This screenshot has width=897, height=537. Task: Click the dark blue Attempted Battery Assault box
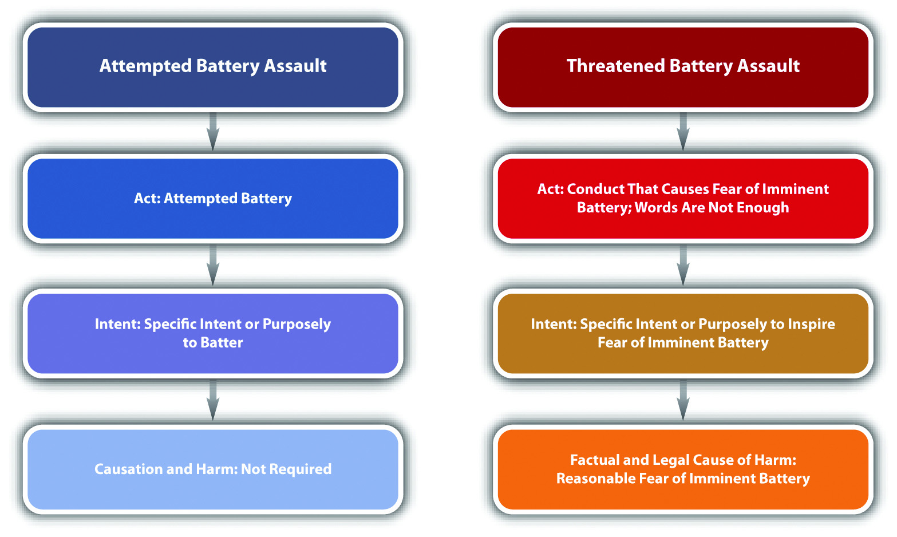213,67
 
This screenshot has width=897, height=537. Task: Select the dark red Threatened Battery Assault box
683,67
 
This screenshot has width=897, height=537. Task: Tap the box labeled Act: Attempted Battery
213,198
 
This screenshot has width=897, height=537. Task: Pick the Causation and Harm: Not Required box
213,469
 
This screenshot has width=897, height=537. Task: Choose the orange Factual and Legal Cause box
683,469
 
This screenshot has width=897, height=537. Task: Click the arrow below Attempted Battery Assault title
213,131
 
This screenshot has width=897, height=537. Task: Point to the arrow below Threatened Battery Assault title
683,131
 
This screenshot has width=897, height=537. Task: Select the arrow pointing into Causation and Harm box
213,400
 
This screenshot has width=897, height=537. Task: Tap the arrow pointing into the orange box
683,400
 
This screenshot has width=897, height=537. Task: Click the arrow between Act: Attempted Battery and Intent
213,265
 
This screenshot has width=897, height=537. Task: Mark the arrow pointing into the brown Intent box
683,265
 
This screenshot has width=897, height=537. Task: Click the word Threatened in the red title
616,66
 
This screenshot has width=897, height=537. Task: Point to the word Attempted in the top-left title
146,66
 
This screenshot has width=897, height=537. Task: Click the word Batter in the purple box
222,342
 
